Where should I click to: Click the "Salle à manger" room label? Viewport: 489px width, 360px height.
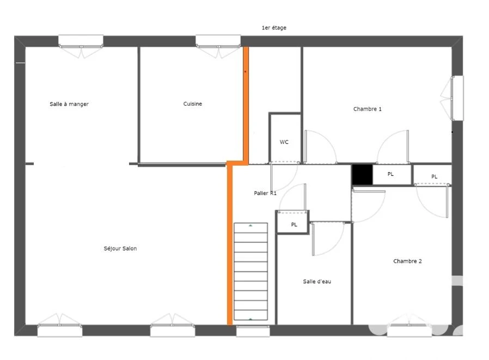[x=69, y=104]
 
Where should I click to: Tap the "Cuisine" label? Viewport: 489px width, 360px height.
[x=192, y=103]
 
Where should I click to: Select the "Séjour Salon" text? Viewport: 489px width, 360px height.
[x=120, y=248]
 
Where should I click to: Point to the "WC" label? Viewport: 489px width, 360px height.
[x=284, y=142]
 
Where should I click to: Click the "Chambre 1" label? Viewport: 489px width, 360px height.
[x=367, y=109]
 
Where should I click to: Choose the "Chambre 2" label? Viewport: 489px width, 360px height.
[x=407, y=261]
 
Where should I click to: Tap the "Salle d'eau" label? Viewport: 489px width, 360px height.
[x=317, y=282]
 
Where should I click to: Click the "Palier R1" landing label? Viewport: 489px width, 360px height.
[x=265, y=193]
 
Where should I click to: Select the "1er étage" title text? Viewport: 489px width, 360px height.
[x=274, y=28]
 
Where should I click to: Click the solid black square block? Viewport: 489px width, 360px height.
[x=362, y=174]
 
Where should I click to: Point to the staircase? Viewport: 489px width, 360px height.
[x=250, y=271]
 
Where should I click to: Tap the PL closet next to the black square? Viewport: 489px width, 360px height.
[x=392, y=174]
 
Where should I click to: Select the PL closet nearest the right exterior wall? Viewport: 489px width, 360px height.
[x=432, y=175]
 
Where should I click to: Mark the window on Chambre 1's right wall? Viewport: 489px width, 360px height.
[x=457, y=98]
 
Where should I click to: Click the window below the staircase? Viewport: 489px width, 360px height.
[x=253, y=331]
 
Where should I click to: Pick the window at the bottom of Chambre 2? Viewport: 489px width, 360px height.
[x=409, y=331]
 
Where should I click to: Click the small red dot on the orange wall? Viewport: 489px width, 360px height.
[x=245, y=72]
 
